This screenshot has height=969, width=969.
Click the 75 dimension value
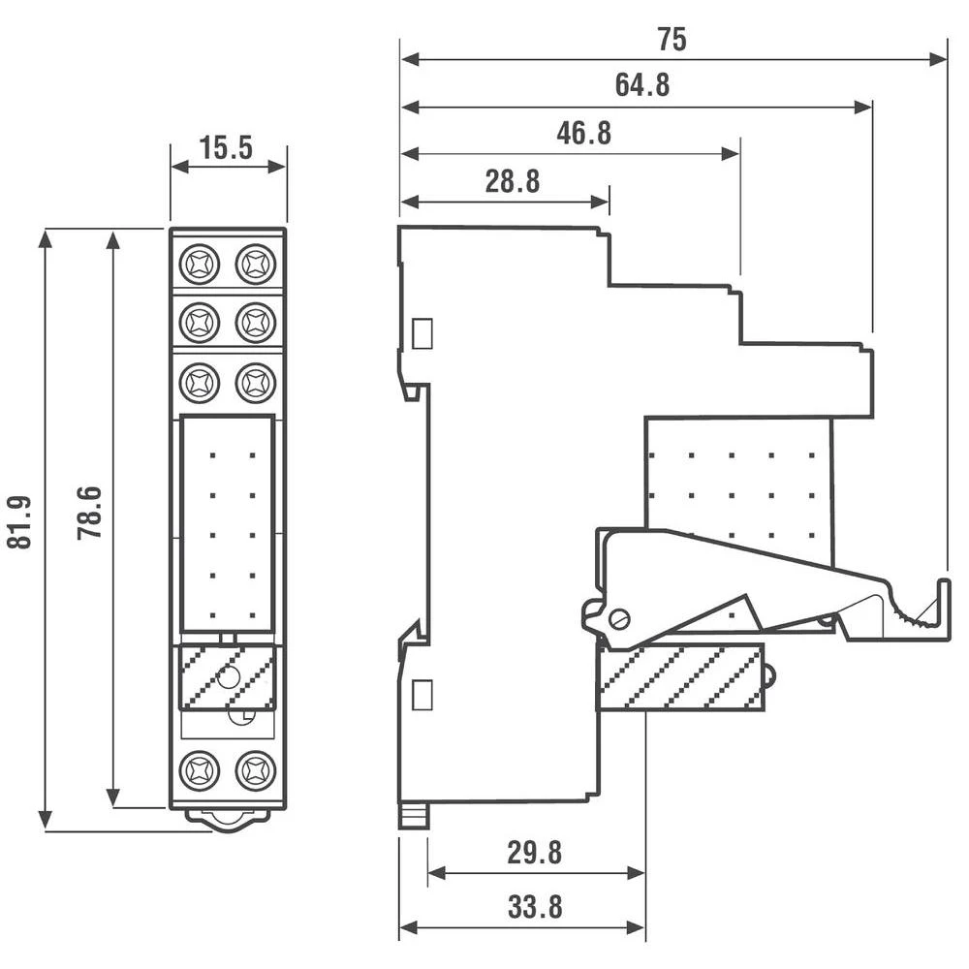672,40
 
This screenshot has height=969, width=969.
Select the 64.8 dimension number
642,86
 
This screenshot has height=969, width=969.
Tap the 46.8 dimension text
584,134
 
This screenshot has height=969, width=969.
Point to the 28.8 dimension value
513,181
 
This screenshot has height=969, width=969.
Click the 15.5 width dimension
226,147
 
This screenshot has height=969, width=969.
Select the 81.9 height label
20,522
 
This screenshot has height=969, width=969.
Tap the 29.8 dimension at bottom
535,853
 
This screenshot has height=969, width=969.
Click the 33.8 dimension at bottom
535,908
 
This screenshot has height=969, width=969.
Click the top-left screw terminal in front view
200,263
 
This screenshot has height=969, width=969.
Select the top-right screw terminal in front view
256,263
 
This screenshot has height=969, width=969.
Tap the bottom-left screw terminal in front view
200,771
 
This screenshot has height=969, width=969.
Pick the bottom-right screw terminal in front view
256,771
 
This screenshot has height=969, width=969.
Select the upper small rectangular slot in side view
422,334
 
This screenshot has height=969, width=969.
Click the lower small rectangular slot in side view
422,696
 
